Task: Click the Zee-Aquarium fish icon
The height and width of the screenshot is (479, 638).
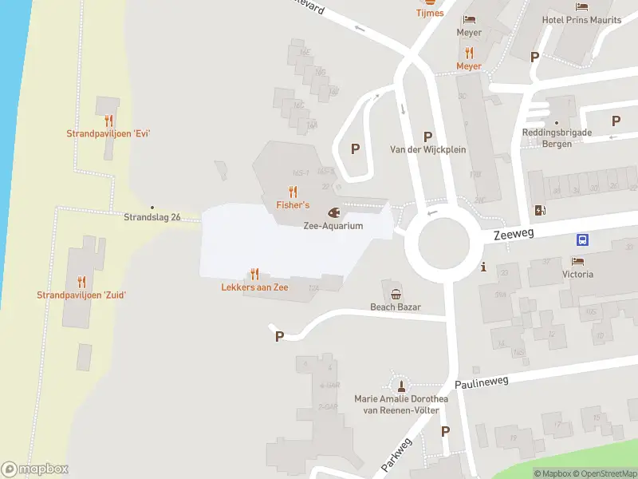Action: tap(333, 213)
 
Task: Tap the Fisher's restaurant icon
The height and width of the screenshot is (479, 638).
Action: tap(293, 192)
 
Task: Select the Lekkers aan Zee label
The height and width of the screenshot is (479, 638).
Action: tap(254, 287)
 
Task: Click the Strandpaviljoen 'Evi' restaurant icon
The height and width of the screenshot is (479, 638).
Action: tap(108, 121)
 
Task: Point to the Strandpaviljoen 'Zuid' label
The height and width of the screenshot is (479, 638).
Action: tap(81, 295)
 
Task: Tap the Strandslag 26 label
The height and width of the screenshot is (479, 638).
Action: tap(152, 217)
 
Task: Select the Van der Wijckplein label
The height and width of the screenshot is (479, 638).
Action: tap(427, 149)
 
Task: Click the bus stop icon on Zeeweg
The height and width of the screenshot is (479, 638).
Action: tap(583, 239)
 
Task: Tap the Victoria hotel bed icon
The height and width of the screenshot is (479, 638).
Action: tap(577, 261)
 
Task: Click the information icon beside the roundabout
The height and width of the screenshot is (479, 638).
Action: tap(482, 267)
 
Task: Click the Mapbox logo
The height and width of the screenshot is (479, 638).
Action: tap(35, 469)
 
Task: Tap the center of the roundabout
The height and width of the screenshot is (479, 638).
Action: tap(440, 241)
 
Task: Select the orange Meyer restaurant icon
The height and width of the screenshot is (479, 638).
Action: tap(469, 53)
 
